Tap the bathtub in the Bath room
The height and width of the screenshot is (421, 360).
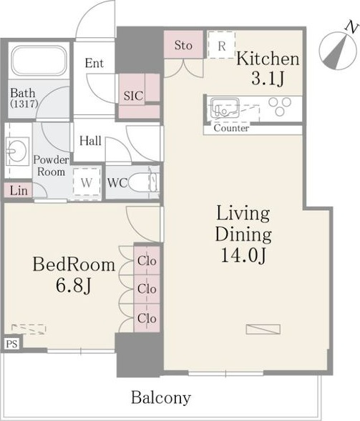coord(39,61)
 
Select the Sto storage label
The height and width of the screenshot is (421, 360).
coord(183,45)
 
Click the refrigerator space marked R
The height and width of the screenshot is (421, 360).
coord(222,45)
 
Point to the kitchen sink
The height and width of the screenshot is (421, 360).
coord(225,108)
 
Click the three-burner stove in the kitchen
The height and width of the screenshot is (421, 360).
coord(280,107)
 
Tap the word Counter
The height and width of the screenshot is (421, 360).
coord(231,128)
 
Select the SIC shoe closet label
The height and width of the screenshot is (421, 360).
coord(133,96)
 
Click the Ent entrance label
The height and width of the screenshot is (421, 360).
coord(94,63)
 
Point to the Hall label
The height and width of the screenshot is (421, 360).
coord(90,141)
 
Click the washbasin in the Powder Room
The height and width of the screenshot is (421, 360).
coord(17,151)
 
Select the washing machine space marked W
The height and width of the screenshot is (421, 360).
coord(87,182)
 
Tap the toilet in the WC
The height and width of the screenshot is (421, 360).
coord(144,182)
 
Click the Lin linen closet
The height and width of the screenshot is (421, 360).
coord(19,190)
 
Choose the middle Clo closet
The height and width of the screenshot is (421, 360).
coord(147,289)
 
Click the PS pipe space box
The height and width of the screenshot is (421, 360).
coord(12,344)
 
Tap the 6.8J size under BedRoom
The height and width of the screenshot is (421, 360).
coord(74,285)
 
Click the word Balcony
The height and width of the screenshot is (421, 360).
coord(161,397)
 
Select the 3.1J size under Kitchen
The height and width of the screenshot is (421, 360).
coord(268,79)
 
